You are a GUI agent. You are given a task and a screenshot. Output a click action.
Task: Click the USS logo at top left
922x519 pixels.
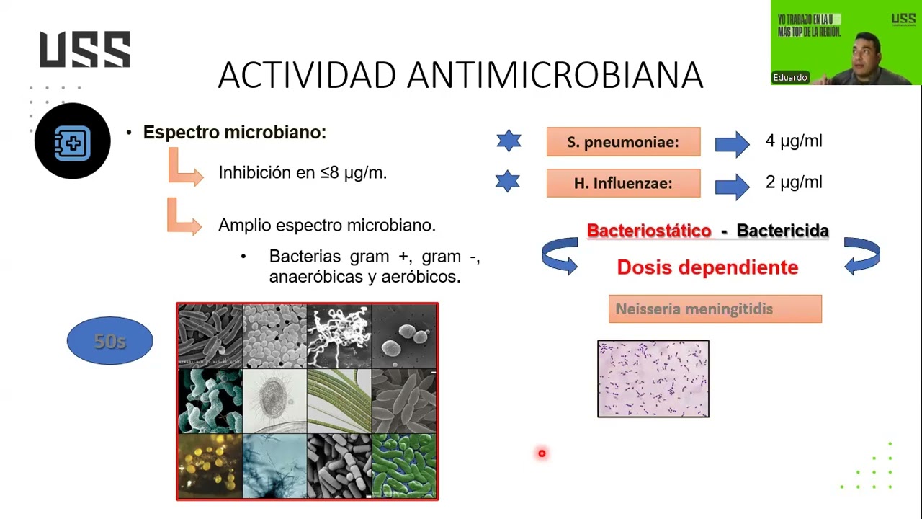tap(85, 50)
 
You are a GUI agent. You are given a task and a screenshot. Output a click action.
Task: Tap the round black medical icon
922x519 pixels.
tap(72, 141)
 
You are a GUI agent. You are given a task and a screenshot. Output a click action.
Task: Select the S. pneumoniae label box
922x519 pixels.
tap(623, 142)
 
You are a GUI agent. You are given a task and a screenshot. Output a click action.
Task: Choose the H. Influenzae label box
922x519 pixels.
tap(623, 183)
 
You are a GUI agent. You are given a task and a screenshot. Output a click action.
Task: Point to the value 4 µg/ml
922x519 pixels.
tap(793, 141)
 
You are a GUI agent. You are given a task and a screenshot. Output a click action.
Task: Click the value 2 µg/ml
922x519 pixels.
tap(793, 182)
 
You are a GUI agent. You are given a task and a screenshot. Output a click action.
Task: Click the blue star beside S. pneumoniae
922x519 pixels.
tap(509, 141)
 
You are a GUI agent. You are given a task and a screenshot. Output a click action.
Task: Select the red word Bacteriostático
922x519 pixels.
tap(648, 231)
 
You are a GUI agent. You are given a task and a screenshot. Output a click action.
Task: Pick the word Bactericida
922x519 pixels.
tap(782, 231)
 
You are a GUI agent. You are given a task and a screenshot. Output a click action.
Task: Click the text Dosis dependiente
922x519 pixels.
tap(707, 267)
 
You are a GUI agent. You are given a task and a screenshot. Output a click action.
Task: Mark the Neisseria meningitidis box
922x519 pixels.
tap(715, 309)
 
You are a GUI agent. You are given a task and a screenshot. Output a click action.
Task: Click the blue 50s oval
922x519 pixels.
tap(109, 341)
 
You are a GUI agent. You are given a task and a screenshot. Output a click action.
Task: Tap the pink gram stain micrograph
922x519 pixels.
tap(653, 379)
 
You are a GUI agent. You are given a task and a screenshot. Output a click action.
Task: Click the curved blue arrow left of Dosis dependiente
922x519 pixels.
tap(560, 256)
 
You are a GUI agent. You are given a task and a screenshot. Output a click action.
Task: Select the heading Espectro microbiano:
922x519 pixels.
tap(234, 133)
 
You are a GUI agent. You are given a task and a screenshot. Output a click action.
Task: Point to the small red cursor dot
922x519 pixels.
tap(542, 453)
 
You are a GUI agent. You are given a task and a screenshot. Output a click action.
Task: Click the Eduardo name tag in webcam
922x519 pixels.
tap(790, 77)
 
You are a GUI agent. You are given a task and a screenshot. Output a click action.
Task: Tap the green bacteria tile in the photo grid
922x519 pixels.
tap(404, 466)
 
